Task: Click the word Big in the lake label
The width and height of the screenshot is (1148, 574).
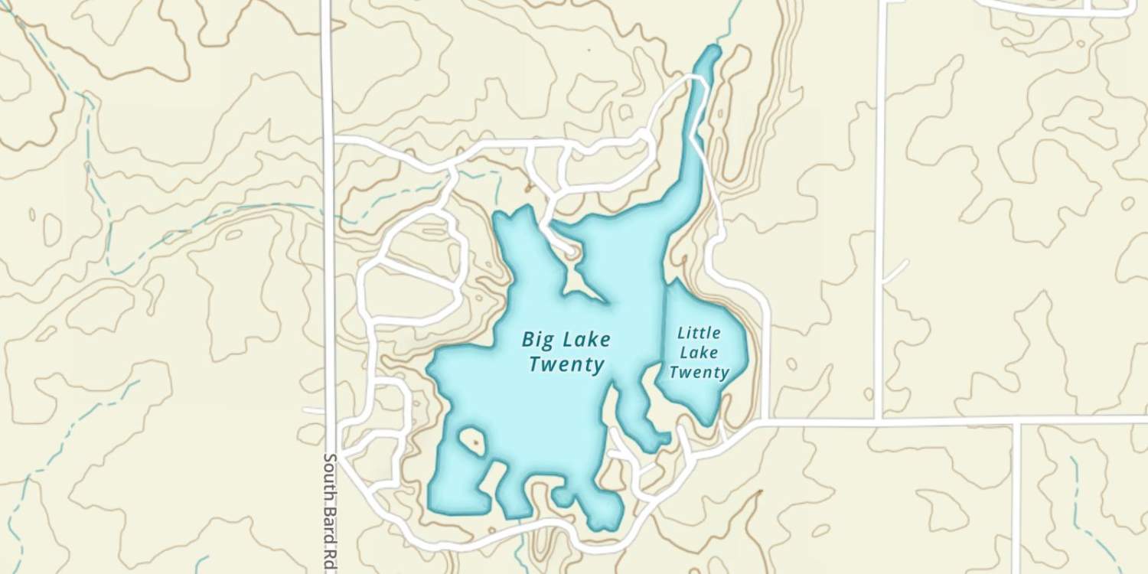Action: point(538,338)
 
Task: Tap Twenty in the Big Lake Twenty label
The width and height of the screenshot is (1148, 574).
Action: point(566,364)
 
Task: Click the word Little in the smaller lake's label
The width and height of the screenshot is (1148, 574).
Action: point(699,333)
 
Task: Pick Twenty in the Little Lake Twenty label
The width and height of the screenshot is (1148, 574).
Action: point(699,373)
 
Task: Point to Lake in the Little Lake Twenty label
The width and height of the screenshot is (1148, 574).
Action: point(699,353)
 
